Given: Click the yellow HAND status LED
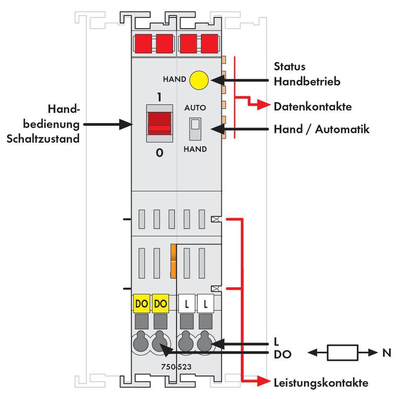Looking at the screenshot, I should (199, 79).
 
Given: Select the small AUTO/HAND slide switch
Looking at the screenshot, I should (195, 128).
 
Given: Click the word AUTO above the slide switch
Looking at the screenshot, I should (195, 108).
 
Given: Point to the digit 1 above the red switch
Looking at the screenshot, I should (159, 98).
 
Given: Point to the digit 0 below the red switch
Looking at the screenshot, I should (159, 153).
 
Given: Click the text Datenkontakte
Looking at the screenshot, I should (312, 106).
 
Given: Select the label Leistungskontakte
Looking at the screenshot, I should (321, 382).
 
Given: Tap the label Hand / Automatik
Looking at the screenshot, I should (321, 129).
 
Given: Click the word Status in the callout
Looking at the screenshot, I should (289, 66).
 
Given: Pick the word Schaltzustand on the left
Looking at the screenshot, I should (43, 139).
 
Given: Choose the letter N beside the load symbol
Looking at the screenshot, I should (387, 353).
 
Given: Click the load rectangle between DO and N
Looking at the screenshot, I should (341, 353).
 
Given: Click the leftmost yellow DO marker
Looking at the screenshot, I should (142, 304).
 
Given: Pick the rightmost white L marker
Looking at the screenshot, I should (205, 305).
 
